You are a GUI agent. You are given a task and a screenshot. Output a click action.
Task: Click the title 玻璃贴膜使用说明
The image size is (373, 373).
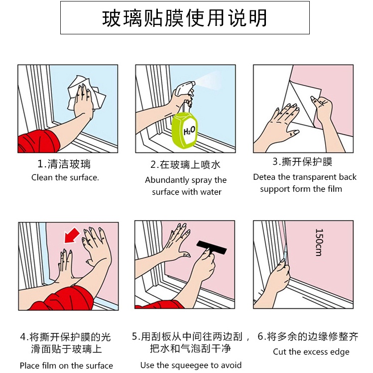click(185, 18)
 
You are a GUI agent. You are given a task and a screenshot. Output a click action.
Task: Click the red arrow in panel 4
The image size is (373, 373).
click(72, 235)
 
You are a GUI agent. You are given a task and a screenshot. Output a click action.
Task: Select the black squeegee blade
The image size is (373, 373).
click(212, 248)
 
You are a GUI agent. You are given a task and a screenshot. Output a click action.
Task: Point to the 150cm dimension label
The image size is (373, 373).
click(319, 242)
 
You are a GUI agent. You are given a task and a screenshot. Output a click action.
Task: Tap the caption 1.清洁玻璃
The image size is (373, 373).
click(64, 164)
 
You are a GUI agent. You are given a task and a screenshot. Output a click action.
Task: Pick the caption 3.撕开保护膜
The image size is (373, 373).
click(302, 162)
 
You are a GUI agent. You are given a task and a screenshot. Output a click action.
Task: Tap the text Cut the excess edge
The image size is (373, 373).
click(311, 352)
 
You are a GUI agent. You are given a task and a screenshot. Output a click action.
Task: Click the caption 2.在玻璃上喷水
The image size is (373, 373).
click(185, 165)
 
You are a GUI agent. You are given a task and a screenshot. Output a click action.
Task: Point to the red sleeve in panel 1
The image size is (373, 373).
click(39, 141)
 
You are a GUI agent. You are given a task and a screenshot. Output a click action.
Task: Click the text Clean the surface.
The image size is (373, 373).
click(65, 177)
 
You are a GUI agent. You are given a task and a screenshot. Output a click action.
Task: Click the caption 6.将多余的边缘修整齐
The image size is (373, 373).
click(308, 337)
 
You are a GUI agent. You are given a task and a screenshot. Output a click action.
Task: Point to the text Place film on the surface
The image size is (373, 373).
click(66, 366)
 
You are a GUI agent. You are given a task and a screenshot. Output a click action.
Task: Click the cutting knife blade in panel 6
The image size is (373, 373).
click(285, 251)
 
